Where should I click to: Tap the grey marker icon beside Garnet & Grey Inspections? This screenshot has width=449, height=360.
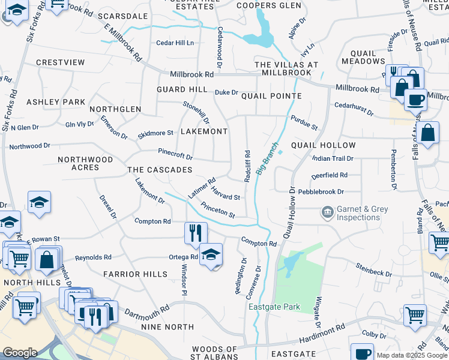click(327, 212)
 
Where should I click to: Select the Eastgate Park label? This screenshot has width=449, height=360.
click(274, 307)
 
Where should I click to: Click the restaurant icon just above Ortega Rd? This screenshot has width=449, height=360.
click(196, 233)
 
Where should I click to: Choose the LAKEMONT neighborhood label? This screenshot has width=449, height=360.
click(204, 131)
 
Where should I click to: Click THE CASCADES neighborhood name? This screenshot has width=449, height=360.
click(160, 170)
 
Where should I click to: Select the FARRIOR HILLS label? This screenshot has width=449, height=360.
click(135, 274)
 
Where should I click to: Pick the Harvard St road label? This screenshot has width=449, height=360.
click(226, 196)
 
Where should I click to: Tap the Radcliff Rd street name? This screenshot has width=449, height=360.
click(247, 163)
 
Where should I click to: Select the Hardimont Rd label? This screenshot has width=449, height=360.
click(324, 331)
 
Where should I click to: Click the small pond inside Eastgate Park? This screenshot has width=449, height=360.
click(291, 262)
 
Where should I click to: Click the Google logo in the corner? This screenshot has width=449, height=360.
click(20, 353)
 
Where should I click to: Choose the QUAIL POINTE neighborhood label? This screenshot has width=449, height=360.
click(271, 96)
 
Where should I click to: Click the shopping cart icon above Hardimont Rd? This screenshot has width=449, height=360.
click(415, 314)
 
